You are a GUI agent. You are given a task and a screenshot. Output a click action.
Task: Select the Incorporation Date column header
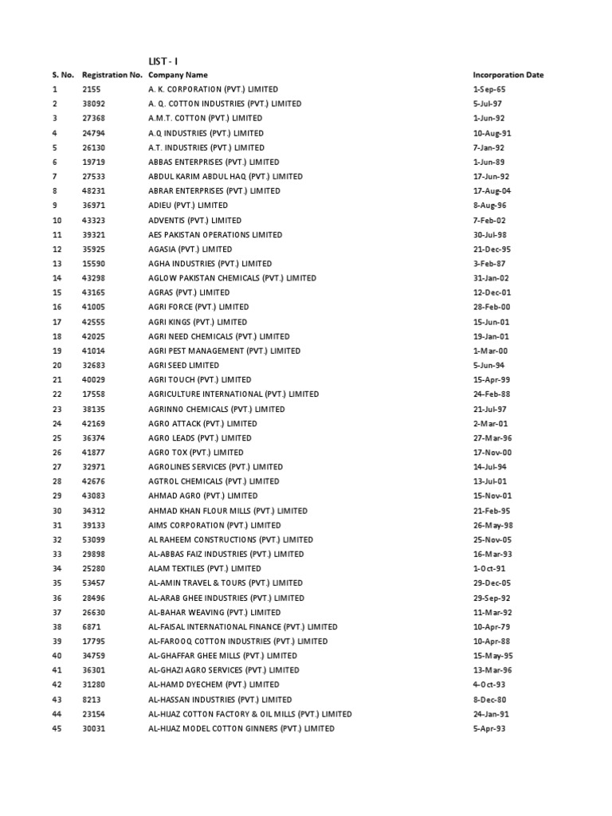tap(508, 75)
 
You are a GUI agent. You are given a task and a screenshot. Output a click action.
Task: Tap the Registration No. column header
tap(112, 75)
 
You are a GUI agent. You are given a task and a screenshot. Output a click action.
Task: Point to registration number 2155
tap(90, 89)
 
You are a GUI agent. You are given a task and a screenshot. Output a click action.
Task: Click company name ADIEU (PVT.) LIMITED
tap(188, 206)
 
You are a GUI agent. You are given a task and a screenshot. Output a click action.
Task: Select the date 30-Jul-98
tap(489, 234)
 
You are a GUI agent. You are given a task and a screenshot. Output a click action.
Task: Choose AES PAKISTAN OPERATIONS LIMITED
tap(215, 234)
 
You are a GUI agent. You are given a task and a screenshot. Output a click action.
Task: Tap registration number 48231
tap(93, 191)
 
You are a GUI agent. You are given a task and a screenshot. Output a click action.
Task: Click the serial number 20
tap(57, 365)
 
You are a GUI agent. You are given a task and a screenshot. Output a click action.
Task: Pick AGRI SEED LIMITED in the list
tap(184, 365)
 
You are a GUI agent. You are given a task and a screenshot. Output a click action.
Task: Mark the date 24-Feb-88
tap(490, 394)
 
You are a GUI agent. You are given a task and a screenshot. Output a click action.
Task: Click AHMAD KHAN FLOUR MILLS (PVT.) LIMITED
tap(228, 511)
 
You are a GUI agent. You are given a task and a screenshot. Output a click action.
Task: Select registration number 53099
tap(93, 539)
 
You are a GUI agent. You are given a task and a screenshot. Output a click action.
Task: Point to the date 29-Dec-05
tap(490, 583)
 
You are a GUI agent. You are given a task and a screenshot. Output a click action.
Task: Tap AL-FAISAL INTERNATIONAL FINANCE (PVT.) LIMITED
tap(243, 627)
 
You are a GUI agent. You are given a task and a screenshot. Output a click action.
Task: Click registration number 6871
tap(90, 627)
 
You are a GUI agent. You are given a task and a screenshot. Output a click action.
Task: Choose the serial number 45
tap(57, 728)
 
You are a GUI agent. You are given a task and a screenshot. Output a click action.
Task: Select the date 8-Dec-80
tap(489, 700)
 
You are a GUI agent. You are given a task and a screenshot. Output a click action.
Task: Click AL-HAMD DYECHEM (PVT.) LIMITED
tap(214, 685)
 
